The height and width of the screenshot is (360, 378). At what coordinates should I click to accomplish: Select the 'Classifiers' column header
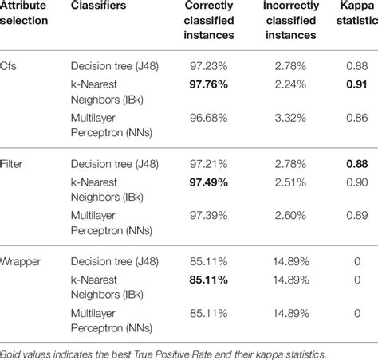click(x=96, y=6)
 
